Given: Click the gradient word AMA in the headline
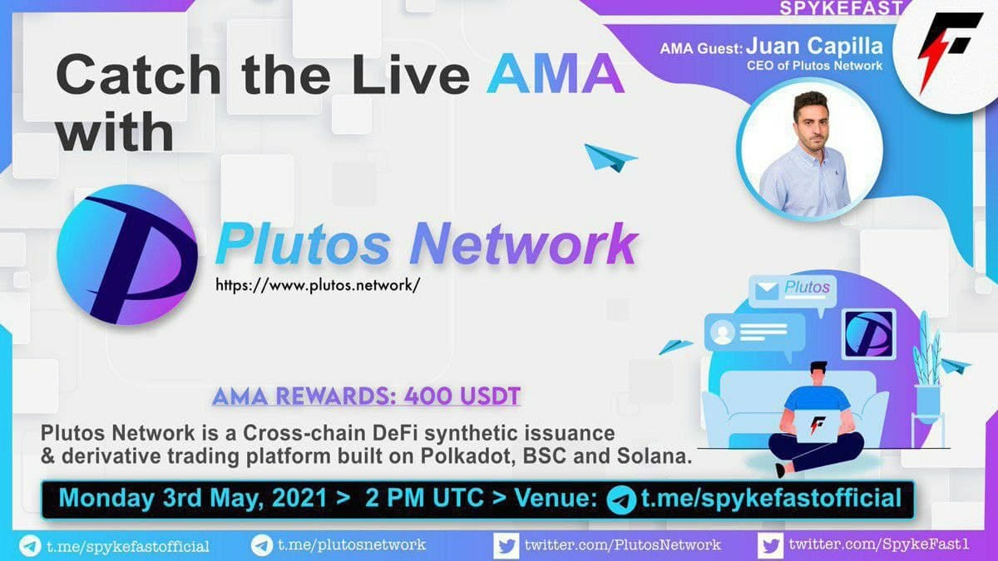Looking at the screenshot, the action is [x=556, y=74].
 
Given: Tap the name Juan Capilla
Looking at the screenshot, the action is [x=814, y=47].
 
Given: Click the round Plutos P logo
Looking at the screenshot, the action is [x=127, y=254].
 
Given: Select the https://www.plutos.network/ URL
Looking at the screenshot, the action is [x=318, y=285].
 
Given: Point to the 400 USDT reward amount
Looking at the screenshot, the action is [x=462, y=396].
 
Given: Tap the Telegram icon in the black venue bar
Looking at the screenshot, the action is [x=621, y=500].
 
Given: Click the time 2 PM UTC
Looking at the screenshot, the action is [x=424, y=498].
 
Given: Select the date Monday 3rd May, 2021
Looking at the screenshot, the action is [x=193, y=498].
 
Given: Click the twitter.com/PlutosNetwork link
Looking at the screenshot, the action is [x=622, y=544].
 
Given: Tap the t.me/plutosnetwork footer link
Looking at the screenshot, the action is [x=352, y=544].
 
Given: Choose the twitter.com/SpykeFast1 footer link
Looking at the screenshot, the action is [x=878, y=544].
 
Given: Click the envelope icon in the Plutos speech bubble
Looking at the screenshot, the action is [x=767, y=291].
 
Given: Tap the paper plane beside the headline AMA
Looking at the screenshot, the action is [x=610, y=158].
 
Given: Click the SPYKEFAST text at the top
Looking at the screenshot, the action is [x=839, y=8].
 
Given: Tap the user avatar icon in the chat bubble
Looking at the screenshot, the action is [x=723, y=332].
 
